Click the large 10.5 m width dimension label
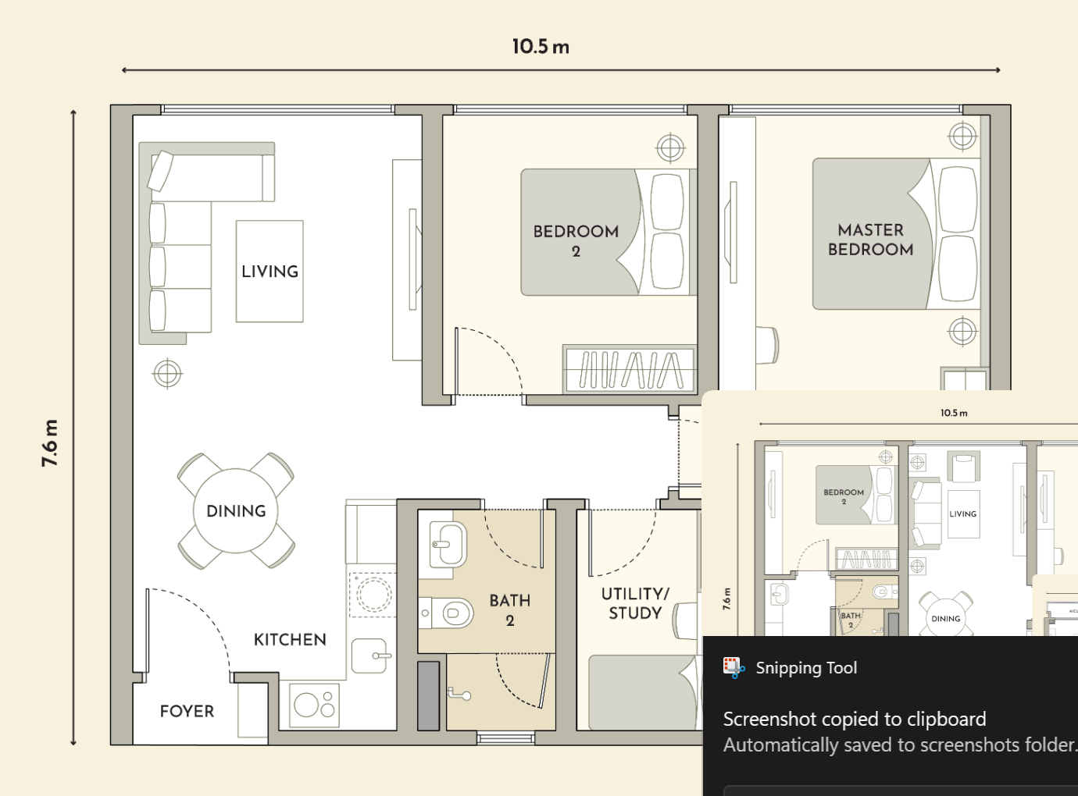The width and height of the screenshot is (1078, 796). pyautogui.click(x=541, y=47)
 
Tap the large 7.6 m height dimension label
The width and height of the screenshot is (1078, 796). pyautogui.click(x=50, y=443)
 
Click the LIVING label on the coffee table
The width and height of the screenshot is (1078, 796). pyautogui.click(x=269, y=272)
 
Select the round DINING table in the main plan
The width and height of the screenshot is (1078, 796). pyautogui.click(x=236, y=511)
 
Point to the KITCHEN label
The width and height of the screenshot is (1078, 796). pyautogui.click(x=290, y=640)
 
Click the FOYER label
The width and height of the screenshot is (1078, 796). pyautogui.click(x=187, y=712)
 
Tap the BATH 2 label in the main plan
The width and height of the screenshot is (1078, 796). pyautogui.click(x=510, y=610)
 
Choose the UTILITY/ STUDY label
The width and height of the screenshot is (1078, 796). pyautogui.click(x=635, y=603)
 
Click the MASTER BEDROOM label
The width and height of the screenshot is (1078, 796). pyautogui.click(x=870, y=240)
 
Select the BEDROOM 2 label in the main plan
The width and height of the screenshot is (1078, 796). pyautogui.click(x=576, y=241)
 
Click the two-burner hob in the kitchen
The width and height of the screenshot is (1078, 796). pyautogui.click(x=314, y=705)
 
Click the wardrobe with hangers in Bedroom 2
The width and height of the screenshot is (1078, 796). pyautogui.click(x=630, y=370)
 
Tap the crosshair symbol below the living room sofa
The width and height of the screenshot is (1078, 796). pyautogui.click(x=167, y=374)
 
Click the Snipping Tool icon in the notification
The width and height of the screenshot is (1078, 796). pyautogui.click(x=734, y=668)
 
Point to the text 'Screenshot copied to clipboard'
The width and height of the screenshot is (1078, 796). pyautogui.click(x=855, y=720)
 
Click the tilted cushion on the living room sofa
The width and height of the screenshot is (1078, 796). pyautogui.click(x=160, y=171)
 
